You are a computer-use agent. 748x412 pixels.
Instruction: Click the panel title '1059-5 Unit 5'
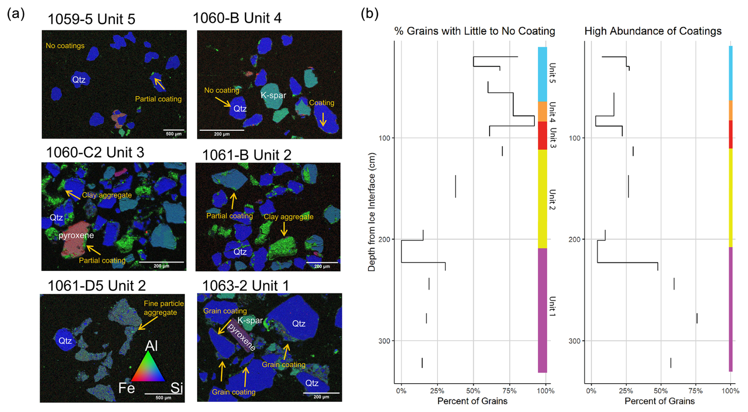point(91,19)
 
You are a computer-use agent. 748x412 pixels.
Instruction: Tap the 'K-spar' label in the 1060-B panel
point(273,95)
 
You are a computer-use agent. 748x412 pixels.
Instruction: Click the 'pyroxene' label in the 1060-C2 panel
point(76,235)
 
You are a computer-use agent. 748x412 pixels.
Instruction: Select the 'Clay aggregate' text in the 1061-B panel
point(288,216)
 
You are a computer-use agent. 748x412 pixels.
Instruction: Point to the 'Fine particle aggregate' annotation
point(163,308)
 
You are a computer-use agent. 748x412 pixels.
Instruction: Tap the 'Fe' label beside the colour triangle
point(127,388)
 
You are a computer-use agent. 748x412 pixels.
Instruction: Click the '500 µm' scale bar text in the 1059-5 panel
point(174,134)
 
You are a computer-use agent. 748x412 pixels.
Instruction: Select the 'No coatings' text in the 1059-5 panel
point(65,46)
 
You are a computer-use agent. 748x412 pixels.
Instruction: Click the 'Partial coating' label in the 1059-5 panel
point(158,99)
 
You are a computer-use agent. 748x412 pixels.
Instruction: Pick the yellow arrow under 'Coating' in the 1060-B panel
point(323,119)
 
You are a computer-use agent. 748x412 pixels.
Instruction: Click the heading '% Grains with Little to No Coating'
point(474,31)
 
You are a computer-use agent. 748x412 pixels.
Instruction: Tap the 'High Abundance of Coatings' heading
point(653,31)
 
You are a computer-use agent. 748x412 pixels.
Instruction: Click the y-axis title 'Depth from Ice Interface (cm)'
point(371,212)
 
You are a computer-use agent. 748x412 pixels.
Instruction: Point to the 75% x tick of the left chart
point(509,391)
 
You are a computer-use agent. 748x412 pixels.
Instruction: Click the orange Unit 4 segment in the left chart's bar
point(542,111)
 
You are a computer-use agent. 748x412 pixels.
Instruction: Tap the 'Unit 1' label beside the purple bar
point(552,306)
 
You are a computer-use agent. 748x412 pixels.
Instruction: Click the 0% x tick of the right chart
point(591,391)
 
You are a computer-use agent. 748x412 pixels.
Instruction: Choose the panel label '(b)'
point(370,14)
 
